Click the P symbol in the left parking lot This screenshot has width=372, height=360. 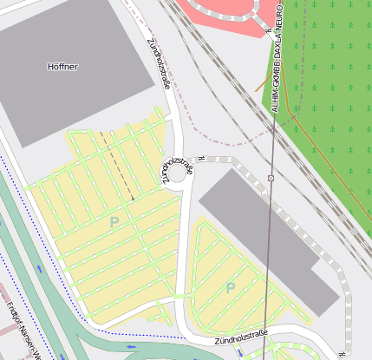pyautogui.click(x=114, y=222)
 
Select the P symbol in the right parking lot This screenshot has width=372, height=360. pyautogui.click(x=230, y=287)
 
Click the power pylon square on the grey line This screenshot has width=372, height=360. pyautogui.click(x=271, y=178)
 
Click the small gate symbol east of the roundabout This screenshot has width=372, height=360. pyautogui.click(x=200, y=158)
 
